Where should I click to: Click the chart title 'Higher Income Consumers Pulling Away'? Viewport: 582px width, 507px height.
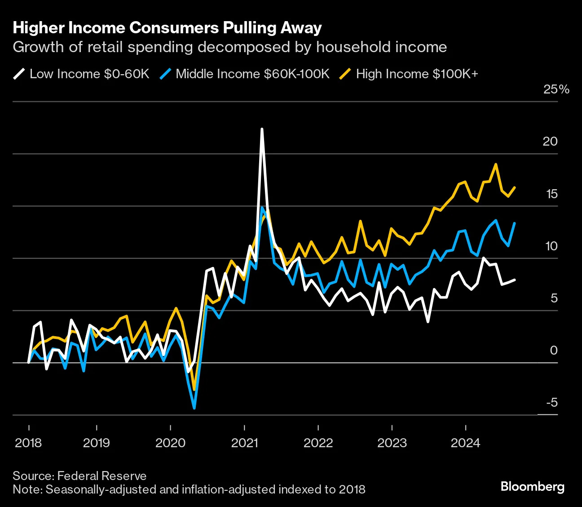pos(167,28)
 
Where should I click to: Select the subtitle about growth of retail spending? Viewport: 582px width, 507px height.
pos(229,47)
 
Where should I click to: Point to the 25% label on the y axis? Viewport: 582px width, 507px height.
pos(556,89)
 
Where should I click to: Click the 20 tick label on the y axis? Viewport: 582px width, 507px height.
pos(550,142)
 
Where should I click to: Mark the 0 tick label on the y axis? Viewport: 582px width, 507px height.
pos(553,350)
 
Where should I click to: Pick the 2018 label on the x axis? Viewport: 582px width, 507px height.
pos(28,443)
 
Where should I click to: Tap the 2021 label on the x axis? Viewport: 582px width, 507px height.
pos(244,443)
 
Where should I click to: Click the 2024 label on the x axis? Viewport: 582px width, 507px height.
pos(465,443)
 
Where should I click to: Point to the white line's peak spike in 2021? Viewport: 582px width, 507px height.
pos(262,129)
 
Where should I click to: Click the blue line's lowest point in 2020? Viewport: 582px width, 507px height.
pos(194,408)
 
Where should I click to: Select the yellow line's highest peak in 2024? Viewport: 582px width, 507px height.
pos(496,164)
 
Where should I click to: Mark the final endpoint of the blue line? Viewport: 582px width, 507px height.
pos(514,223)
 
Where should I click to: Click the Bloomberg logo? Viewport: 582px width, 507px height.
pos(532,487)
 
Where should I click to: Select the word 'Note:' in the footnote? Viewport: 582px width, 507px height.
pos(27,489)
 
